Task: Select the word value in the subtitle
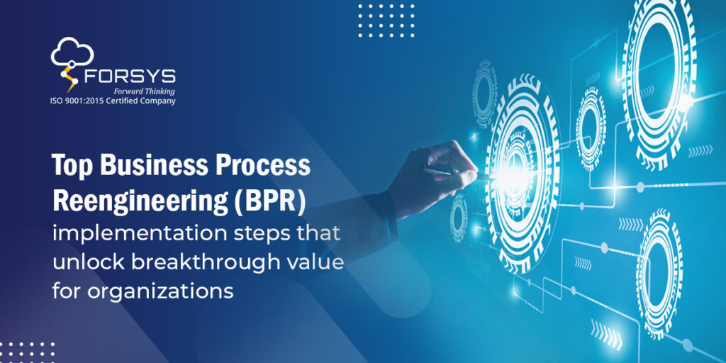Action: [314, 263]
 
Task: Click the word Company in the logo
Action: [158, 101]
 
